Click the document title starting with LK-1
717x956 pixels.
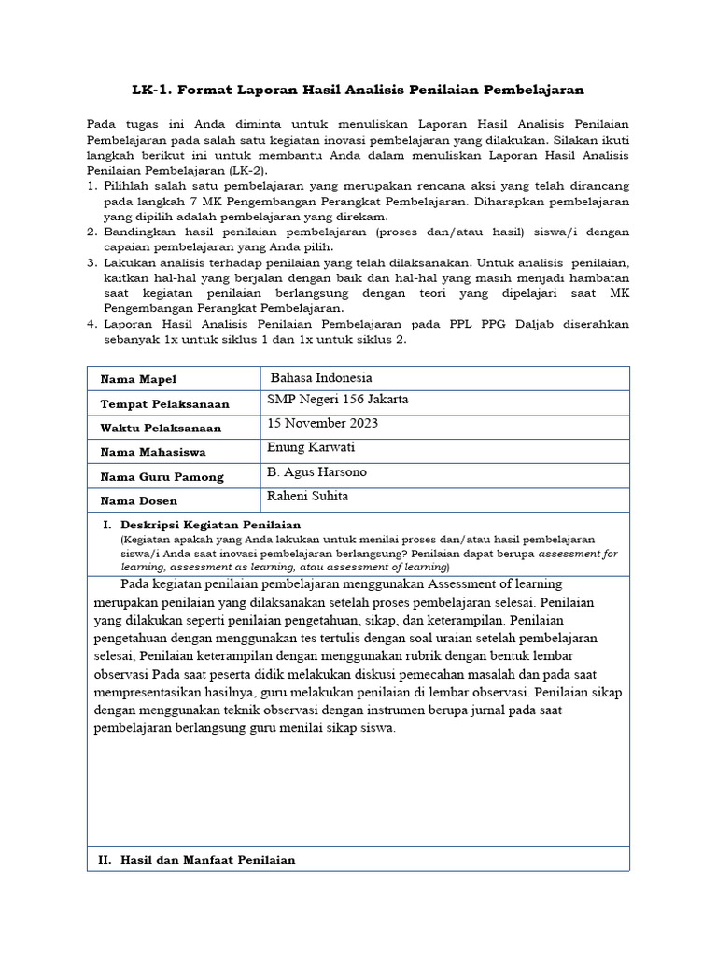(x=358, y=90)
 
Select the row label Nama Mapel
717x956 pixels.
(x=138, y=379)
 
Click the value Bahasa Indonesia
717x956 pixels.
(x=321, y=378)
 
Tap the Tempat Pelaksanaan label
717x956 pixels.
(x=161, y=403)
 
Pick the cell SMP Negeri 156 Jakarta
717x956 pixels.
(x=337, y=400)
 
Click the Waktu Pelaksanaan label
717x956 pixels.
(x=160, y=428)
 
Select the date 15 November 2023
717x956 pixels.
(x=322, y=423)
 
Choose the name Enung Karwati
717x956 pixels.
(x=310, y=447)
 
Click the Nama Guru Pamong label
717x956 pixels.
(x=162, y=476)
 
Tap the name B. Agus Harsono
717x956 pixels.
(x=316, y=471)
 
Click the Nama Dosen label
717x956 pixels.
(x=138, y=500)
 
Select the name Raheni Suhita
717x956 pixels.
(x=307, y=496)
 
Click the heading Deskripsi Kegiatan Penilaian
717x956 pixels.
(x=210, y=525)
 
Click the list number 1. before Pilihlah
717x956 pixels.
(x=91, y=186)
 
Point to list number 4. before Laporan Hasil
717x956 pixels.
(x=91, y=324)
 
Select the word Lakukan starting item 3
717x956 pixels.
(x=129, y=262)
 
